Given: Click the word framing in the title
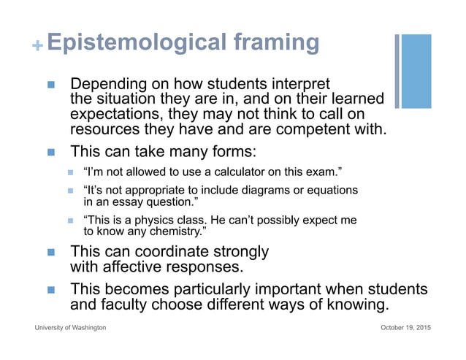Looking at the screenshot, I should pos(277,43).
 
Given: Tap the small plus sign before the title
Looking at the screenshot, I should pos(37,46).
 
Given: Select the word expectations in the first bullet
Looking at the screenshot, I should pos(116,115).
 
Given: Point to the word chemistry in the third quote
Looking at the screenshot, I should pos(177,231).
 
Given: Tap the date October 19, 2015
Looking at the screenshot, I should pos(405,328).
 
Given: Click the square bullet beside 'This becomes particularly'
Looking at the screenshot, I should pos(51,290).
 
